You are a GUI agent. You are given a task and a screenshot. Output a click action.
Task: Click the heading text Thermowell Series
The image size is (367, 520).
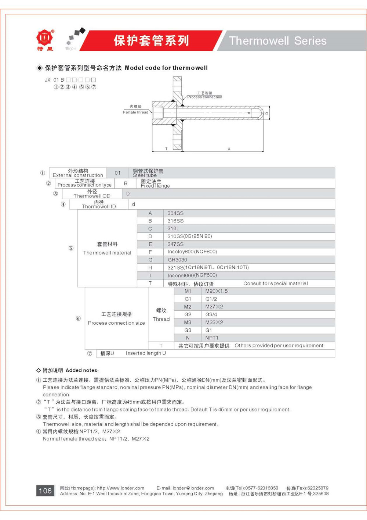click(277, 41)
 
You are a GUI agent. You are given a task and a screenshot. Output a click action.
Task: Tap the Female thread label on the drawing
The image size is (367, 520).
click(136, 112)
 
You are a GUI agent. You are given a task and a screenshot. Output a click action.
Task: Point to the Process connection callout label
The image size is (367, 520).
click(204, 97)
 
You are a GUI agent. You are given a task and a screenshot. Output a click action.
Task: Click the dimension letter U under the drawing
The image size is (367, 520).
click(229, 149)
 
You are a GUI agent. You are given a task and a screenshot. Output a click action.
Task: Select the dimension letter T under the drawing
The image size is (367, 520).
click(166, 149)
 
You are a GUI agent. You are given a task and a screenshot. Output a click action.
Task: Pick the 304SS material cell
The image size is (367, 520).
click(175, 213)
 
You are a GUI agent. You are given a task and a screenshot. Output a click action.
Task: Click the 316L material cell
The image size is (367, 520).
click(173, 229)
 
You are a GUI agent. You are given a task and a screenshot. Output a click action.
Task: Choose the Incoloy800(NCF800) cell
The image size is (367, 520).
click(192, 252)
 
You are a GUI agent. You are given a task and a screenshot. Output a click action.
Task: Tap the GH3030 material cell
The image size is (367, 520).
click(177, 260)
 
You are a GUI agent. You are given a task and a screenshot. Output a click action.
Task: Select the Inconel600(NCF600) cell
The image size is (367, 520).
click(192, 275)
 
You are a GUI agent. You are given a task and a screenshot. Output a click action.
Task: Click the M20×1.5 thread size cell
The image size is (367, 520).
click(216, 291)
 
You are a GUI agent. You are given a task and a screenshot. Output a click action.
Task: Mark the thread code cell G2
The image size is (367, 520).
click(188, 314)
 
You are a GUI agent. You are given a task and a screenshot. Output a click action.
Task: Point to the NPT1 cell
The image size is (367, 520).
click(212, 338)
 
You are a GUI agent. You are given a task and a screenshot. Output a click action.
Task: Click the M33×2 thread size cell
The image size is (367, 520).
click(214, 322)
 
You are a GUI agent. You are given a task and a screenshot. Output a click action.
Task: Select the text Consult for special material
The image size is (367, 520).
click(275, 284)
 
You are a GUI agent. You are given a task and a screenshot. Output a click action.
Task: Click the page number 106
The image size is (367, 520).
click(45, 491)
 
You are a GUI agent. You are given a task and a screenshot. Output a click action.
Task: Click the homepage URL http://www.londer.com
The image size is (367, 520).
click(120, 488)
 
